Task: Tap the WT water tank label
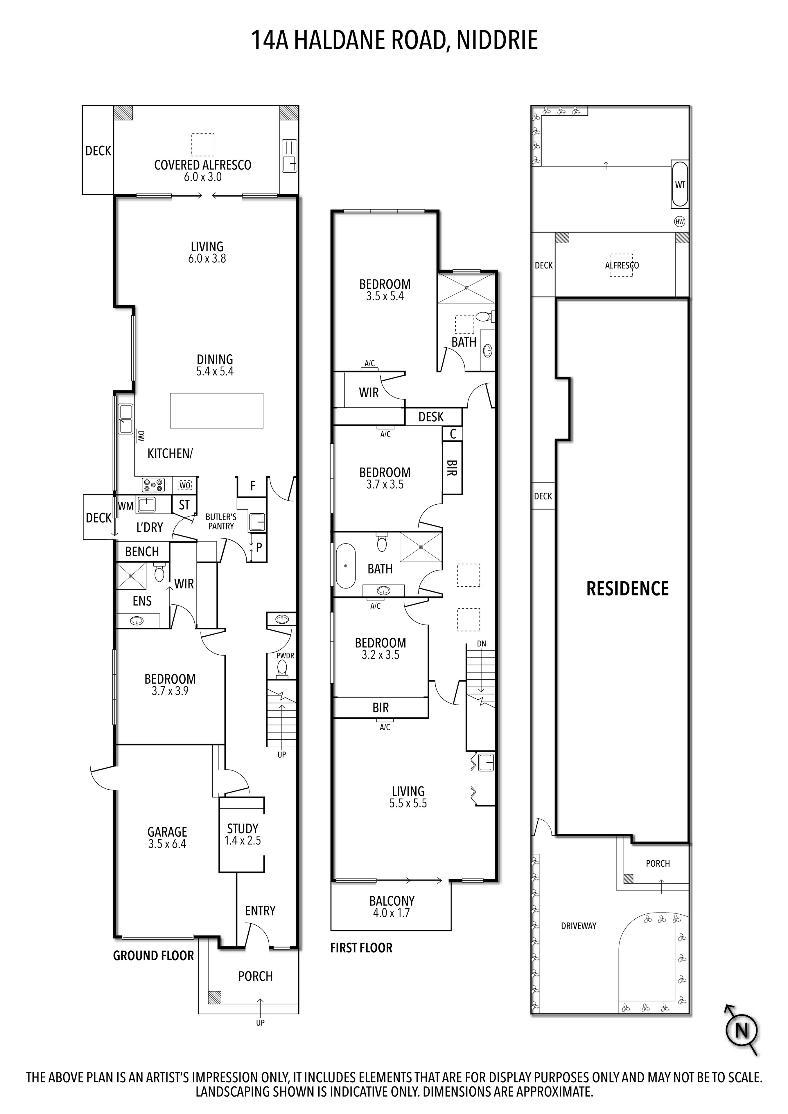click(680, 185)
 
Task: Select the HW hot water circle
click(679, 222)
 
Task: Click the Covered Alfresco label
click(202, 165)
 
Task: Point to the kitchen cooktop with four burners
click(153, 485)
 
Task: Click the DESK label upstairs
click(431, 417)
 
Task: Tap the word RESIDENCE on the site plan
click(627, 588)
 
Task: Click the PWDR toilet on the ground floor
click(282, 669)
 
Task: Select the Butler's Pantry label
click(221, 521)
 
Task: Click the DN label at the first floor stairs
click(481, 644)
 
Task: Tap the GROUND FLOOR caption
click(153, 956)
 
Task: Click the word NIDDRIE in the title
click(497, 40)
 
